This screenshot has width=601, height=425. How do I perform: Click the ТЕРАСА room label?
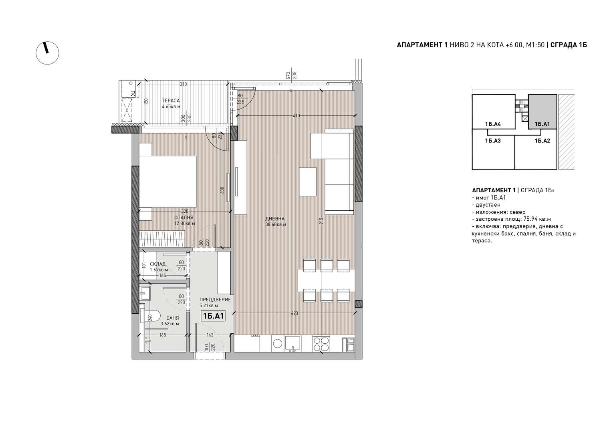click(x=171, y=101)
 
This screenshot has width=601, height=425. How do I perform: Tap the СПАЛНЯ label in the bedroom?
click(x=184, y=218)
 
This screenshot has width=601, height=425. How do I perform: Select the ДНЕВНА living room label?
click(x=275, y=219)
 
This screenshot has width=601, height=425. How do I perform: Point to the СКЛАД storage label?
click(x=157, y=264)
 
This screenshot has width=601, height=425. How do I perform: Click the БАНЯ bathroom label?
click(x=173, y=318)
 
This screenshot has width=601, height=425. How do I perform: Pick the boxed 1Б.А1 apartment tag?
click(x=213, y=316)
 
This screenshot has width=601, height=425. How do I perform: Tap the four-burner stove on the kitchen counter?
click(x=321, y=344)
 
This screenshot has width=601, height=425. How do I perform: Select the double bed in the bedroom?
click(x=168, y=181)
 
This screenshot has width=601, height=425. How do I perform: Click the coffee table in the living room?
click(x=308, y=181)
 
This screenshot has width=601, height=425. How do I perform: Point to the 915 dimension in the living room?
click(x=321, y=221)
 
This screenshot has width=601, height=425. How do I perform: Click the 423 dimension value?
click(x=294, y=313)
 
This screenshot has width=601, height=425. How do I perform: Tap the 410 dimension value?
click(x=296, y=116)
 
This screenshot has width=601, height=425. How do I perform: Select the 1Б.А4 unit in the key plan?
click(x=493, y=124)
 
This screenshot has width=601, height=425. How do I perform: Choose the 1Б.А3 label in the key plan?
click(x=493, y=141)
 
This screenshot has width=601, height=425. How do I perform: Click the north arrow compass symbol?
click(x=48, y=53)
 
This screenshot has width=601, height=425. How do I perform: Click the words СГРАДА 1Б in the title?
click(x=569, y=45)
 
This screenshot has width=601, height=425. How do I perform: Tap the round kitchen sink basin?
click(x=277, y=343)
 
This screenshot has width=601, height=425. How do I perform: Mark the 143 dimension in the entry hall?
click(x=210, y=335)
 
